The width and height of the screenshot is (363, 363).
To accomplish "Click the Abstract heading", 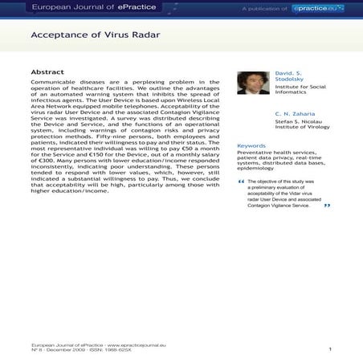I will [47, 71].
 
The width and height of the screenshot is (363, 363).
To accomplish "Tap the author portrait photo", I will [253, 83].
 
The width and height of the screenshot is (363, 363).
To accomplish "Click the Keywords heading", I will [251, 145].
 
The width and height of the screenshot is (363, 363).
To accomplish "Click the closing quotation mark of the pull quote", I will [327, 206].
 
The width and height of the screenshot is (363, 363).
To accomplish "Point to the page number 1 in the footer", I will [330, 349].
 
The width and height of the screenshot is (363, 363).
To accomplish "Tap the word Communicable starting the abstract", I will [53, 82].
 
